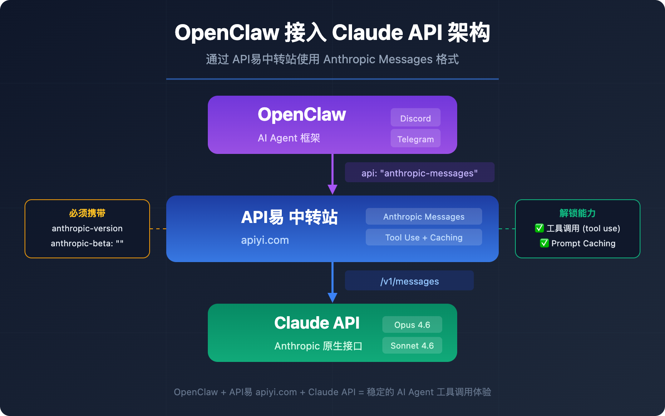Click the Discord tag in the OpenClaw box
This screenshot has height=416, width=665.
(415, 118)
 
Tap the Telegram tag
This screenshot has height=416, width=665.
(415, 139)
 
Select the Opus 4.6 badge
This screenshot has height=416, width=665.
(412, 324)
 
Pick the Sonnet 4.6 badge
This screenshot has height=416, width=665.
(412, 345)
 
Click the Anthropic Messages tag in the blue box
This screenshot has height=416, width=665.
(424, 216)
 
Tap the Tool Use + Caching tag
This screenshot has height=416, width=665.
(424, 237)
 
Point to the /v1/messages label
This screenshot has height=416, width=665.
(409, 281)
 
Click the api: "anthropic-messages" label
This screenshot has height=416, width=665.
(419, 173)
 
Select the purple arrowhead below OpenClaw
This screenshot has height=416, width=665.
(332, 189)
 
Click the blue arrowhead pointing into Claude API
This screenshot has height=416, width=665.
(332, 297)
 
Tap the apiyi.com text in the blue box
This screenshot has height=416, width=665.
(265, 240)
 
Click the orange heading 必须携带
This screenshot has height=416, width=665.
(87, 213)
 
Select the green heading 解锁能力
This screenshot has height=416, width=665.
(577, 213)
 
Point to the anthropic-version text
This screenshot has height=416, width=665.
(87, 228)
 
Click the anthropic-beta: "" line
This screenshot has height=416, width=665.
(87, 243)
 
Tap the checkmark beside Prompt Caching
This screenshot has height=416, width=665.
(544, 243)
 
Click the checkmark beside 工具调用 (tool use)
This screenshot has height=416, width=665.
(539, 228)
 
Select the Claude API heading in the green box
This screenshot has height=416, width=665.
(317, 323)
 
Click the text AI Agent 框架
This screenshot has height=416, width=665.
(289, 138)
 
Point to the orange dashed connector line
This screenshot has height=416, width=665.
(158, 229)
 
